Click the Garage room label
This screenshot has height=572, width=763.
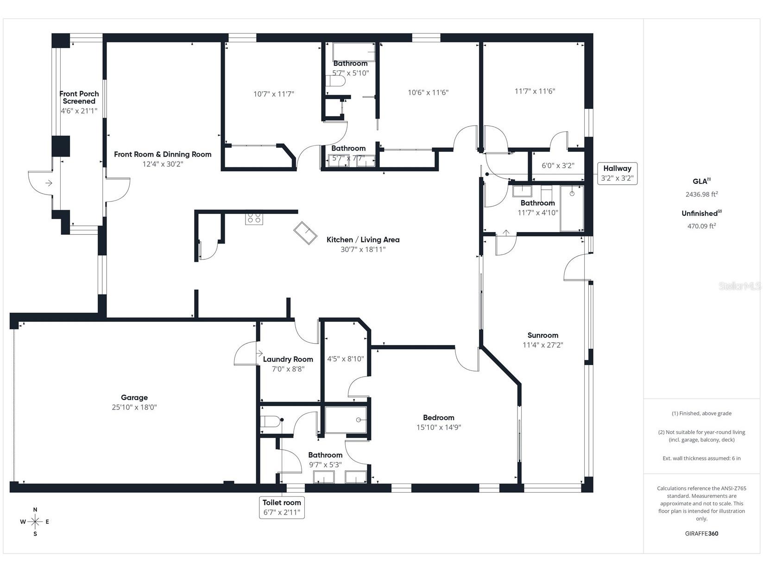(x=134, y=397)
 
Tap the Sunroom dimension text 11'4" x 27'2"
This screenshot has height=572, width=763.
(x=542, y=345)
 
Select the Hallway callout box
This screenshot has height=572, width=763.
(x=617, y=173)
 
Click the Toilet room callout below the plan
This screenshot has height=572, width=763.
(x=282, y=507)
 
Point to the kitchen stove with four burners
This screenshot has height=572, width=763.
(x=254, y=218)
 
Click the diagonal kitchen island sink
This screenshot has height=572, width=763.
(x=305, y=233)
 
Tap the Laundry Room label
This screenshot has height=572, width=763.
(x=288, y=359)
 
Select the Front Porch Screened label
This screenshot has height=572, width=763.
(x=79, y=97)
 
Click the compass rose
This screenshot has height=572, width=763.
(x=35, y=522)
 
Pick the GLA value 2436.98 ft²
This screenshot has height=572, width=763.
(x=701, y=195)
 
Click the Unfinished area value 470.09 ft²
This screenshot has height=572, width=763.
(x=701, y=226)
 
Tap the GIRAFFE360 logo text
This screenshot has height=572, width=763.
(x=701, y=533)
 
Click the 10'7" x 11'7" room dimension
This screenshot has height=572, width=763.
(x=273, y=94)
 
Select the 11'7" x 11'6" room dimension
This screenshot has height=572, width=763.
(x=535, y=91)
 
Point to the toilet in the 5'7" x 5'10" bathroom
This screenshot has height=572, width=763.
(x=336, y=82)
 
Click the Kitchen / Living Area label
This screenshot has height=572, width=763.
(x=363, y=239)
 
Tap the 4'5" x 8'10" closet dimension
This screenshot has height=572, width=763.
(x=345, y=359)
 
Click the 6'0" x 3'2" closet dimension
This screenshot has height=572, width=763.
(x=558, y=165)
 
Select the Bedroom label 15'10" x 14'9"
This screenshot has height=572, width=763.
(x=438, y=422)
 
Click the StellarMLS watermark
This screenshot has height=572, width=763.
(x=739, y=286)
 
